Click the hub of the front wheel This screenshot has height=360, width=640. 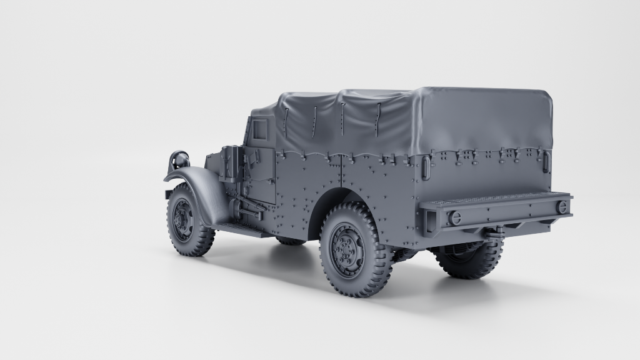click(183, 221)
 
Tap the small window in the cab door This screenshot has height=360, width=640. click(259, 130)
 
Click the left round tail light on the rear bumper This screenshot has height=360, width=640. click(456, 217)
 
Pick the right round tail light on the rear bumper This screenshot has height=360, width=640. click(562, 207)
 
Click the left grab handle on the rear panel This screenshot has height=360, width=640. click(426, 167)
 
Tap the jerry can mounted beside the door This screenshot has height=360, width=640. click(230, 164)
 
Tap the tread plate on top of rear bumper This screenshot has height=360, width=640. click(494, 200)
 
